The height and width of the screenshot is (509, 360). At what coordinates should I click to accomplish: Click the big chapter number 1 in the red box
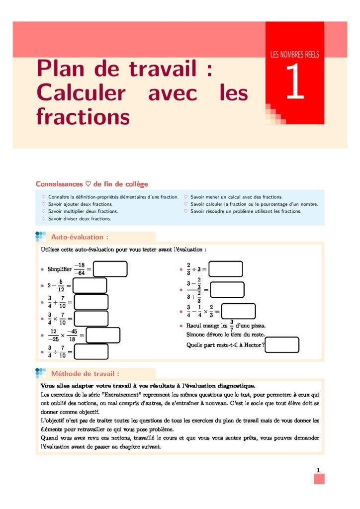(294, 83)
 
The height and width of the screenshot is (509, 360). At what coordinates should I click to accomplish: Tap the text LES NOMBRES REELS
(294, 55)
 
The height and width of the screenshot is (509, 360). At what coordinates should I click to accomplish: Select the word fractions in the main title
(83, 117)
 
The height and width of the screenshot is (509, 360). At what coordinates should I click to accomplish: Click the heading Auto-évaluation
(80, 237)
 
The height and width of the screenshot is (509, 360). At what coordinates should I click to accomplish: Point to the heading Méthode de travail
(85, 373)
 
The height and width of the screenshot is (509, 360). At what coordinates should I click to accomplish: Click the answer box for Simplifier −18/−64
(110, 269)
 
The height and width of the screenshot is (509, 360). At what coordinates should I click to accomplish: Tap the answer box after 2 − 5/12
(90, 285)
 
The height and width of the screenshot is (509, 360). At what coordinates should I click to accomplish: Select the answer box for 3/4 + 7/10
(91, 302)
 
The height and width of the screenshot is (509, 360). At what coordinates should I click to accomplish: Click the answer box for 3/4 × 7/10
(91, 318)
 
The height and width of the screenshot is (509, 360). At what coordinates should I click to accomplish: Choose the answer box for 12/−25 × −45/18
(103, 335)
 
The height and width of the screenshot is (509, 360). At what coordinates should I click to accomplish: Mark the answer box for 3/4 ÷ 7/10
(91, 351)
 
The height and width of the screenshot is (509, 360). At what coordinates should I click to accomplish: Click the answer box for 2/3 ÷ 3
(226, 269)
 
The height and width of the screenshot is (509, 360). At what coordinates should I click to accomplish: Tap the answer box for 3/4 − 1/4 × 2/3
(238, 311)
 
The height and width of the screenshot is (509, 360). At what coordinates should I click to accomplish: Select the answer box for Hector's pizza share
(282, 344)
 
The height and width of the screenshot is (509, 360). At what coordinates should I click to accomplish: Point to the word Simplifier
(60, 269)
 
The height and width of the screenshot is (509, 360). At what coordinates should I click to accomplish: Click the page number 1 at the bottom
(318, 470)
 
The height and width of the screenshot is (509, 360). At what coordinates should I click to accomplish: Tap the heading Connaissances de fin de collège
(92, 184)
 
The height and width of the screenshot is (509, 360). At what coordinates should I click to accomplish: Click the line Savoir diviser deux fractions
(79, 218)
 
